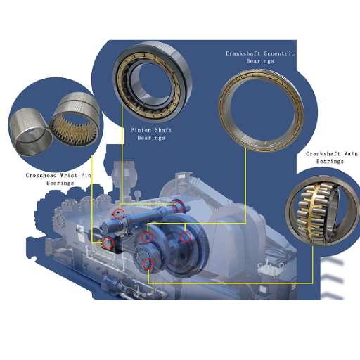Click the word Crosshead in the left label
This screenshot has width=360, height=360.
tap(41, 175)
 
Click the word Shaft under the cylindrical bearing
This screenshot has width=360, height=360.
tap(164, 130)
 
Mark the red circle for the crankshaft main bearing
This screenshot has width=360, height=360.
tap(148, 264)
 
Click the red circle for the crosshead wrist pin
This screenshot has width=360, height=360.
tap(108, 243)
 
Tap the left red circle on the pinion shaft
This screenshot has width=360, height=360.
tap(120, 214)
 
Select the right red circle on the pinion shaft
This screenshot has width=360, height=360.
tap(179, 206)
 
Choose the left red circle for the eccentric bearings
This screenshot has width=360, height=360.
tap(147, 238)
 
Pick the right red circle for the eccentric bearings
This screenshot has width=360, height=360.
tap(186, 237)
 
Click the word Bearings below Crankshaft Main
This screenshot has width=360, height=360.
tap(329, 161)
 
